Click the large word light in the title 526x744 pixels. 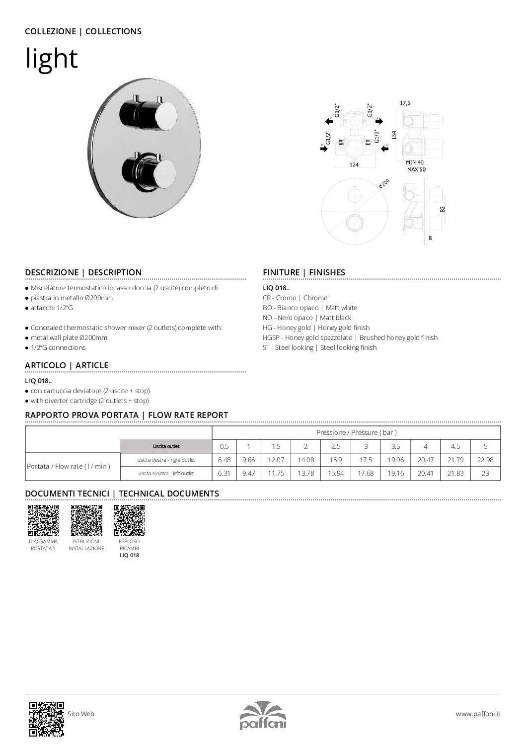52,59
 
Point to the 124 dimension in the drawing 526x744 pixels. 354,165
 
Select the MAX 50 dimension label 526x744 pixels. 416,169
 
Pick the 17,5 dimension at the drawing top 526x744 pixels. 405,103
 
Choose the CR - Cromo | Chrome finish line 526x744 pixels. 295,298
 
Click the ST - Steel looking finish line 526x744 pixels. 319,347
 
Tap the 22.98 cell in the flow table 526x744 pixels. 485,460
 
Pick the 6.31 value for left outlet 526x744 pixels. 224,473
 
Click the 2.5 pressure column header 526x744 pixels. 336,446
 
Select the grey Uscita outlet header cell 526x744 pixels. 166,446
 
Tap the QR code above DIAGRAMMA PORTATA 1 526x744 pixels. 43,520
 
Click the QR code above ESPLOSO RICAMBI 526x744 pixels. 129,520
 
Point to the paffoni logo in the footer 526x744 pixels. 263,715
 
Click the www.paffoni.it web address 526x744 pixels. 478,714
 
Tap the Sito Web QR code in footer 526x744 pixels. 46,718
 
